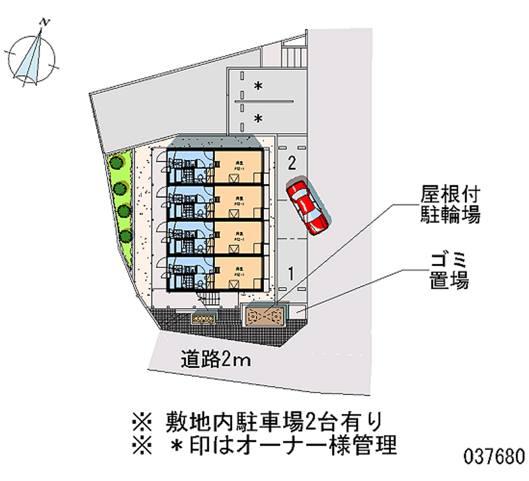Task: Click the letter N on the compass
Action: [x=44, y=23]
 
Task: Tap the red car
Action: [x=307, y=206]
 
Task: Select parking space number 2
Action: [x=292, y=162]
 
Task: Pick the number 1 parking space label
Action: [x=290, y=271]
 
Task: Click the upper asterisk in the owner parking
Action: [x=259, y=86]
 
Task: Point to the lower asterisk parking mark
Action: [x=259, y=119]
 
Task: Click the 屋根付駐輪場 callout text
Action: [x=450, y=204]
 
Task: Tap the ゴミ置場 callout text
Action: [x=447, y=269]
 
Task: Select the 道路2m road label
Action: [x=213, y=359]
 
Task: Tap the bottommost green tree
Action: [x=125, y=235]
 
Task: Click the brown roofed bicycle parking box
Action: [x=264, y=316]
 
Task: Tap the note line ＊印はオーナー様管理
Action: [x=264, y=443]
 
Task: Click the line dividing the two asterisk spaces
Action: [x=264, y=101]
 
